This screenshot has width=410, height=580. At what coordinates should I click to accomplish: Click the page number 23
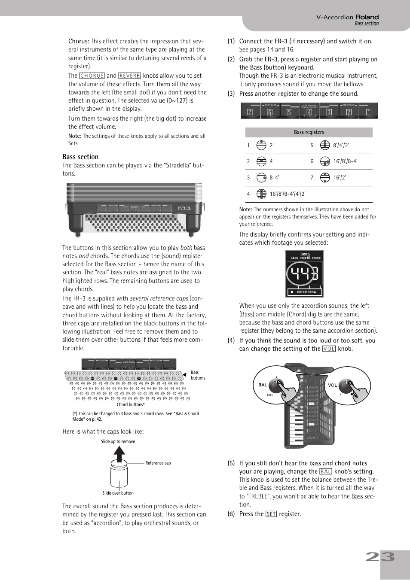(x=380, y=557)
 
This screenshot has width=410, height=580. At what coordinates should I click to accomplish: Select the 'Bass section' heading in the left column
(x=80, y=157)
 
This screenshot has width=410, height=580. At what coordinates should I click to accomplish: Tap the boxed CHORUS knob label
(x=92, y=76)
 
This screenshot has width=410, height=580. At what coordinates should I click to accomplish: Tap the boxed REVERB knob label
(x=129, y=76)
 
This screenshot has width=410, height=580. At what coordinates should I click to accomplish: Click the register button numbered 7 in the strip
(x=250, y=111)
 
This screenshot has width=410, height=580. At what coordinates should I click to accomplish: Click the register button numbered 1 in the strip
(x=368, y=111)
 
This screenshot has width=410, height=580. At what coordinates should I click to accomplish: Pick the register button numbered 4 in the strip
(x=309, y=111)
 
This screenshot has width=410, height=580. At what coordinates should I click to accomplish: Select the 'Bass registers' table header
(x=309, y=132)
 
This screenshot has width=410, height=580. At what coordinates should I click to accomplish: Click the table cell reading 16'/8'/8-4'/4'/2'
(x=288, y=194)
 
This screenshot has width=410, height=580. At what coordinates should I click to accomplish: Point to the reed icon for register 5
(x=325, y=146)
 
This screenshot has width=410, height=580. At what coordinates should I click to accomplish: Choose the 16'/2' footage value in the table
(x=340, y=178)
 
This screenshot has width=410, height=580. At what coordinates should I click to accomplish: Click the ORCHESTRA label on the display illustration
(x=306, y=292)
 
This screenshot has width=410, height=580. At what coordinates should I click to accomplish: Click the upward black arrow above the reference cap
(x=119, y=453)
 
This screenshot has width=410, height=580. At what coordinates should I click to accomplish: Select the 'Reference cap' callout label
(x=158, y=463)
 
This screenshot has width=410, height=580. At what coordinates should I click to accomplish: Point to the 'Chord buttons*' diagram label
(x=131, y=404)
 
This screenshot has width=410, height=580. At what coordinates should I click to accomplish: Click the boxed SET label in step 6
(x=271, y=514)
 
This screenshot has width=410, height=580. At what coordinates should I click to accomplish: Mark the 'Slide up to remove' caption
(x=118, y=441)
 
